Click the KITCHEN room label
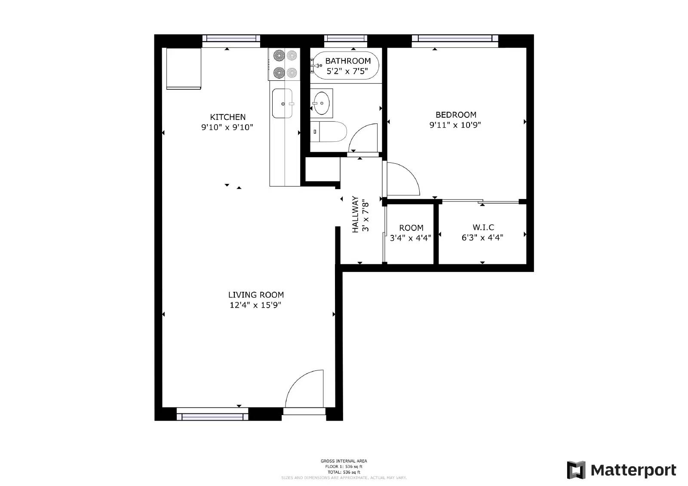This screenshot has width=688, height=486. (x=227, y=117)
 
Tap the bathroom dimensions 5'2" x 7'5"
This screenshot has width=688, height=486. (x=347, y=71)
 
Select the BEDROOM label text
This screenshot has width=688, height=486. (x=456, y=115)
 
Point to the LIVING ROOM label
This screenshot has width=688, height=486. (x=256, y=295)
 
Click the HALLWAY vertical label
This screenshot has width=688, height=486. (x=356, y=214)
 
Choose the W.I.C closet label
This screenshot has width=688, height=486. (x=483, y=227)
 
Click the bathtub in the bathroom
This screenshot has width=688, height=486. (x=346, y=65)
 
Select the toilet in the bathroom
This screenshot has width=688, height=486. (x=329, y=131)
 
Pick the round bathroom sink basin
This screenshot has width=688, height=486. (x=321, y=103)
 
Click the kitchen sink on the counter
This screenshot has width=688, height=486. (x=283, y=104)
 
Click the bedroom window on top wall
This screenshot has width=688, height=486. (x=455, y=39)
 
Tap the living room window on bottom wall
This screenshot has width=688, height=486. (x=212, y=416)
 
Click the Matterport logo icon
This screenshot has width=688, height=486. (x=576, y=470)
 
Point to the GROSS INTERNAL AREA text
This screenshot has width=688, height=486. (x=344, y=461)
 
